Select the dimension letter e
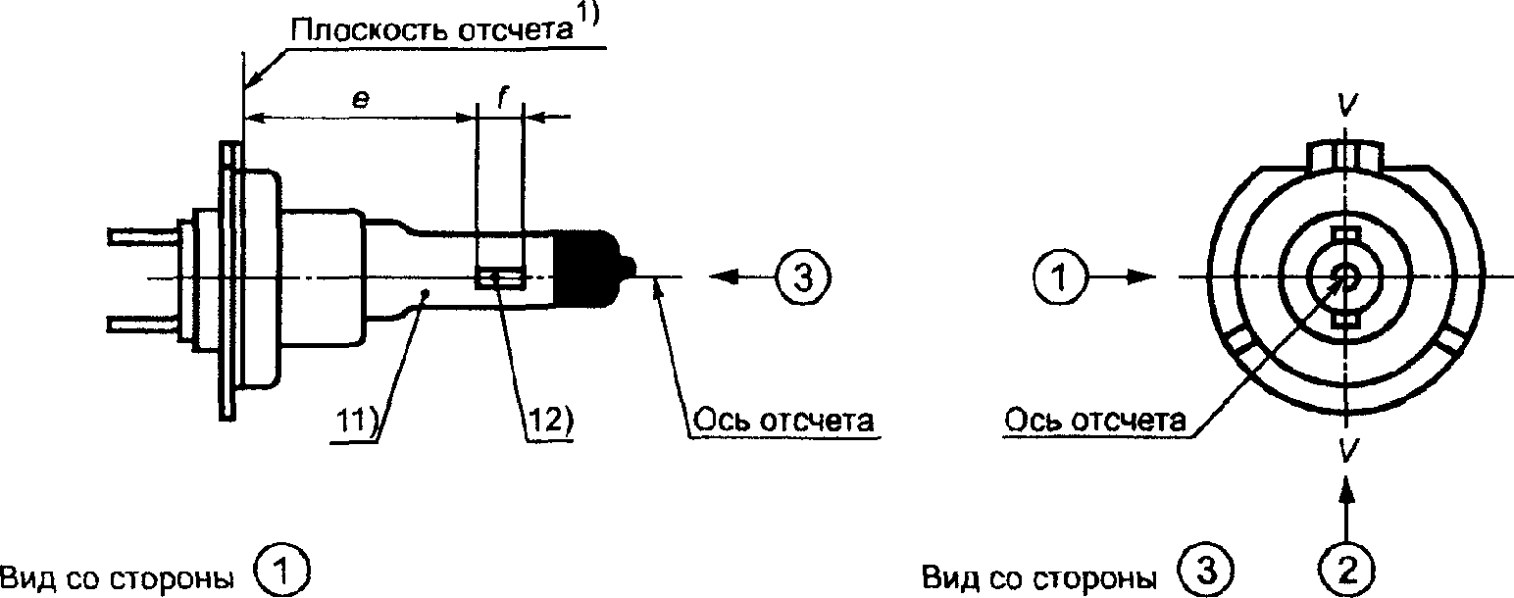click(x=362, y=100)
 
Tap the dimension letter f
click(x=501, y=99)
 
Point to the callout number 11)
click(x=358, y=421)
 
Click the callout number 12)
click(x=550, y=421)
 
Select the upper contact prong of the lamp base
click(x=142, y=237)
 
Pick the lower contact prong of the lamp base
click(x=142, y=324)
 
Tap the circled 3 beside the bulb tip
click(x=803, y=277)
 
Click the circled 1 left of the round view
click(x=1060, y=277)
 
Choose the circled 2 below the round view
click(x=1347, y=572)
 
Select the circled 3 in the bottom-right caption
click(x=1206, y=572)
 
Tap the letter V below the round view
click(x=1345, y=450)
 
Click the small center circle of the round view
click(x=1346, y=276)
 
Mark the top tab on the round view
click(x=1345, y=155)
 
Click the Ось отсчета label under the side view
click(x=784, y=421)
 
